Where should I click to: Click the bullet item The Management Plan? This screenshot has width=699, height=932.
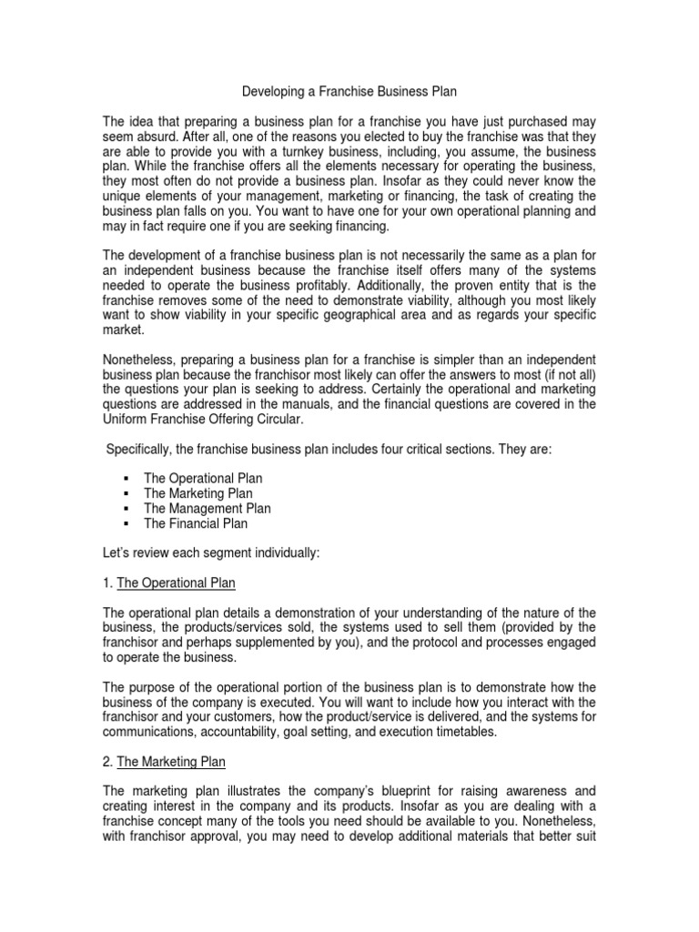[207, 509]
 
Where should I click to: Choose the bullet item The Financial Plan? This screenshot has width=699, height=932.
[195, 523]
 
